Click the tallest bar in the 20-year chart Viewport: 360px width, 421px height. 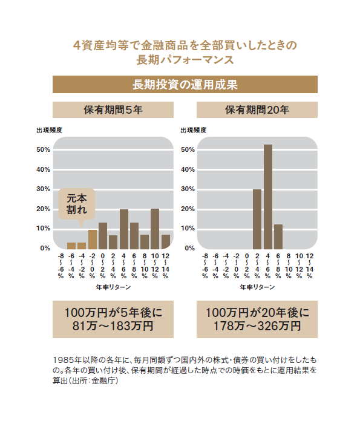(268, 197)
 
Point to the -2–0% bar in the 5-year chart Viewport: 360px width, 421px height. (92, 239)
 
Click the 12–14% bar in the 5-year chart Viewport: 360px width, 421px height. (166, 241)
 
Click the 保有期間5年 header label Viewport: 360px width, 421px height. (113, 110)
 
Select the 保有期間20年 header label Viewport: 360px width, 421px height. (257, 110)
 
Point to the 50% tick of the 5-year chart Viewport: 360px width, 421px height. (44, 149)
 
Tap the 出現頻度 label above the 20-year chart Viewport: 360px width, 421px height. (194, 129)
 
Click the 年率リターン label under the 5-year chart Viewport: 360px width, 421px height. (113, 287)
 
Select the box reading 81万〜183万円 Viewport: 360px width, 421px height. (113, 319)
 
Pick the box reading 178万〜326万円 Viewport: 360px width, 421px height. (257, 319)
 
